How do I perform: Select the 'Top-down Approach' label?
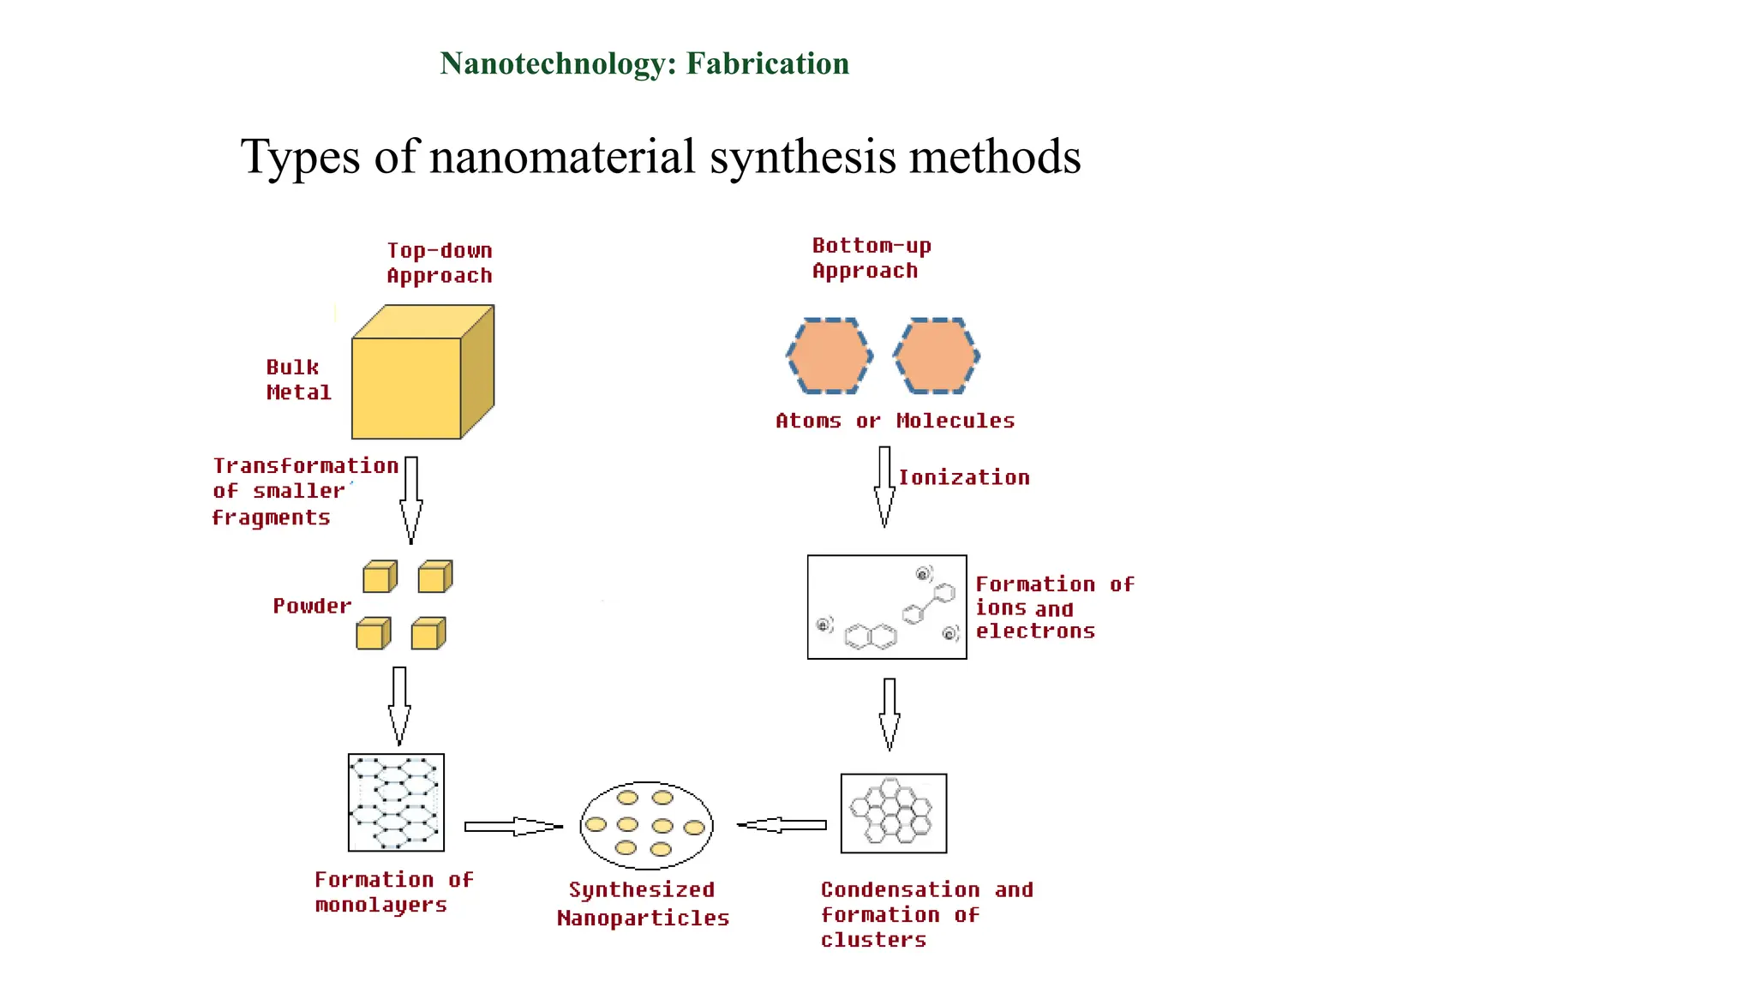(440, 263)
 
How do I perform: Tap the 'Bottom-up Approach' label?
(871, 258)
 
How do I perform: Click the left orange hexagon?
(830, 356)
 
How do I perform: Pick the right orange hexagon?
(936, 356)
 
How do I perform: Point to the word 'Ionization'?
(964, 478)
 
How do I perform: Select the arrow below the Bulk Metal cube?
(411, 499)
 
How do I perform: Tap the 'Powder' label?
(312, 607)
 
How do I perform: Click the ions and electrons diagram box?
(887, 607)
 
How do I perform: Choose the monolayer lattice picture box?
(396, 803)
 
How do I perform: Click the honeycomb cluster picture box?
(894, 814)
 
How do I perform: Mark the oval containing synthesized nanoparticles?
(646, 825)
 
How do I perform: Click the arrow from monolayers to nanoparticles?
(512, 827)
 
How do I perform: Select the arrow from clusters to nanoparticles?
(782, 825)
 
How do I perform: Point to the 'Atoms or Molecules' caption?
(895, 421)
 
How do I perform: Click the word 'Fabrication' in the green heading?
(768, 64)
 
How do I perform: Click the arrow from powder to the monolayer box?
(399, 705)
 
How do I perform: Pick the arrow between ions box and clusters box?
(889, 714)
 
